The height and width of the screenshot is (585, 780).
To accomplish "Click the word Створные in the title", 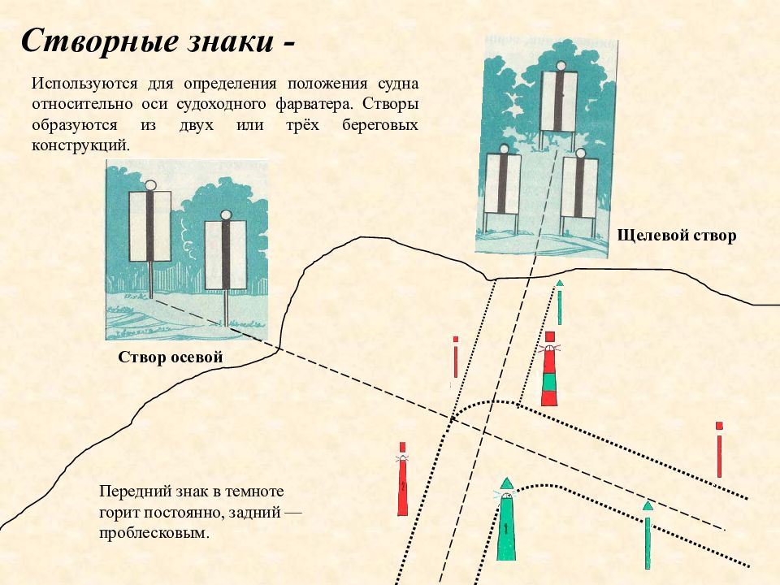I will point(93,41).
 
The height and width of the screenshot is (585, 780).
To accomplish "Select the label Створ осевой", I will point(171,357).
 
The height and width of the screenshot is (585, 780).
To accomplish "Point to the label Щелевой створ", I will point(677,236).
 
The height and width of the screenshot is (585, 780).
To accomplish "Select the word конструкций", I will point(80,147).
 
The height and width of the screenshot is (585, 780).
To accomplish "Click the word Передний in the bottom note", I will point(129,492).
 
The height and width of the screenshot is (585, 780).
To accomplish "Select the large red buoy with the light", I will point(402,481).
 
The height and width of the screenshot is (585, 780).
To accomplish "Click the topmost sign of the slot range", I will point(559,101).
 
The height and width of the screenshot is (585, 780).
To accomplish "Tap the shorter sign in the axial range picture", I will point(226,253).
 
